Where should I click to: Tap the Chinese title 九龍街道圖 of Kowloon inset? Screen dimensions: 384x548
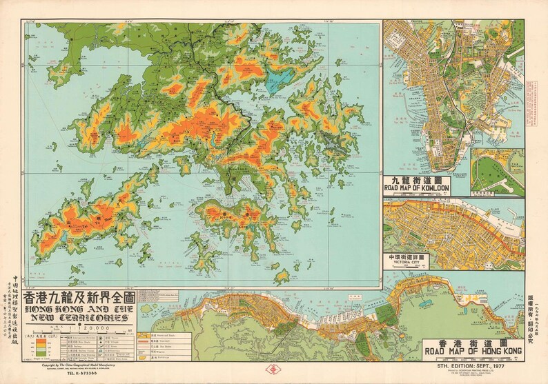click(426, 179)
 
